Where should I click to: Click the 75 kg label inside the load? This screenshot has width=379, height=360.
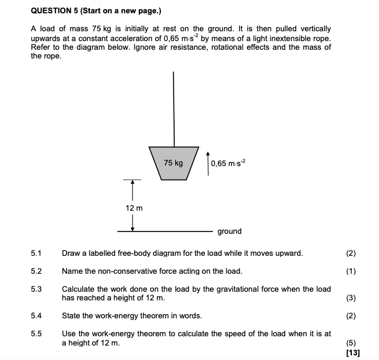pos(173,163)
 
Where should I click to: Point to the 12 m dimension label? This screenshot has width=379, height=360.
pos(134,207)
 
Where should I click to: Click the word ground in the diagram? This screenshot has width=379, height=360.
pos(230,232)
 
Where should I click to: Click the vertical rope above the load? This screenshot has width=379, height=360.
pos(173,107)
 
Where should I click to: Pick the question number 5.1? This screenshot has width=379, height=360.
pos(36,253)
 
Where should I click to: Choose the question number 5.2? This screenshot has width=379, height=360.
pos(36,271)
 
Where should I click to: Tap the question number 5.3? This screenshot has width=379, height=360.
pos(36,289)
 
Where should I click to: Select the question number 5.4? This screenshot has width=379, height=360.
pos(36,315)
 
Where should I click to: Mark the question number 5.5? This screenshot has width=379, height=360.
pos(36,333)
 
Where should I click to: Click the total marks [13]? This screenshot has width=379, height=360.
pos(351,352)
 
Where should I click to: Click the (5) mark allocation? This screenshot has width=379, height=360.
pos(351,343)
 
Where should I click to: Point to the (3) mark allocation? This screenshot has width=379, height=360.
pos(351,298)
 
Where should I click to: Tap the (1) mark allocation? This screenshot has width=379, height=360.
pos(351,271)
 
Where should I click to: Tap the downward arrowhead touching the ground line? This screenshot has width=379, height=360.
pos(133,228)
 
